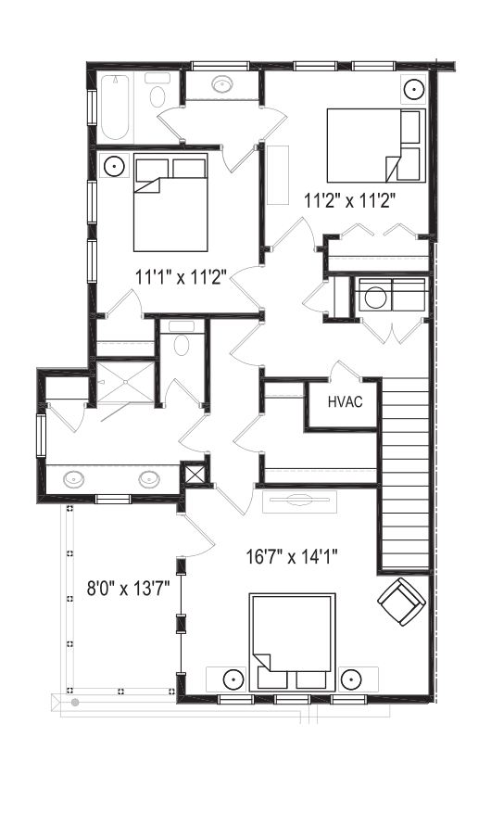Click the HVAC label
click(x=345, y=402)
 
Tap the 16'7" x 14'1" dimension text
click(x=293, y=556)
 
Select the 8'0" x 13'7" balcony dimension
click(x=128, y=588)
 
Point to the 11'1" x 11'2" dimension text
click(x=182, y=277)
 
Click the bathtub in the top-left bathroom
click(x=115, y=108)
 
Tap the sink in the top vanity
click(x=223, y=83)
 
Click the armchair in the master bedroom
click(x=402, y=602)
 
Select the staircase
click(x=405, y=474)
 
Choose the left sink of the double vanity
click(x=73, y=479)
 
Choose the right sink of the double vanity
click(x=149, y=479)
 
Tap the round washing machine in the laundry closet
click(x=375, y=298)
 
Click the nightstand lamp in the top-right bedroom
click(x=414, y=88)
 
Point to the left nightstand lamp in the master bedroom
click(x=232, y=679)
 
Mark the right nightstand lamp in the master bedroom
click(x=351, y=679)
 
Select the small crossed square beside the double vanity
click(x=194, y=472)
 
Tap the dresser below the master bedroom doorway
click(x=299, y=501)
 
